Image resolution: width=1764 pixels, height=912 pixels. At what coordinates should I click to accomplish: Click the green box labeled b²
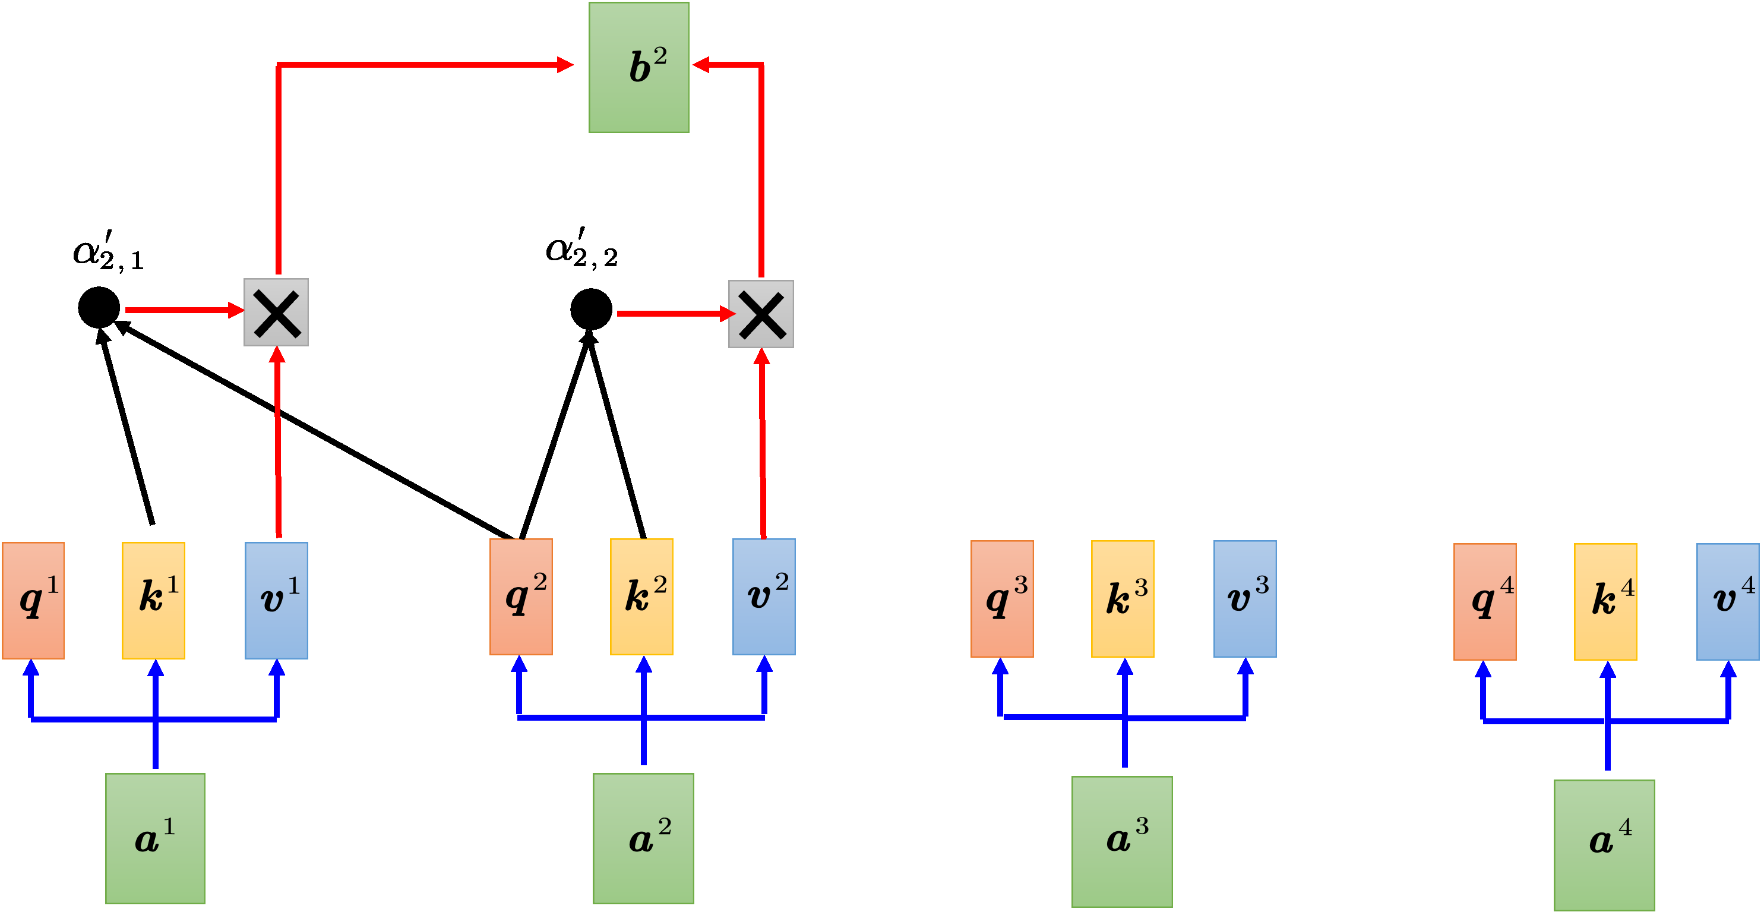tap(639, 67)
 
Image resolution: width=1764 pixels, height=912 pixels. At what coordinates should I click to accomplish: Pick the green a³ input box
tap(1122, 841)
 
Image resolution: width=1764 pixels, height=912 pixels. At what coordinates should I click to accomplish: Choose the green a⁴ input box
tap(1604, 844)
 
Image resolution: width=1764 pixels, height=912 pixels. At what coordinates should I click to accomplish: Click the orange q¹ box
tap(33, 600)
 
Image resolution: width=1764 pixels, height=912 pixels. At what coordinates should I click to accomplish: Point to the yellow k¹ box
tap(153, 600)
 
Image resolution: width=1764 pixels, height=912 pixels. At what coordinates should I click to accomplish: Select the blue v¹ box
tap(277, 600)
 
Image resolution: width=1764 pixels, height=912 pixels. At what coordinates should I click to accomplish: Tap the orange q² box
tap(521, 596)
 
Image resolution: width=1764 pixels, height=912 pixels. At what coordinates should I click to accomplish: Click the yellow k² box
tap(641, 596)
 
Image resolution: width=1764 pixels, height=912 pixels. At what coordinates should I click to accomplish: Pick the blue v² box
tap(764, 596)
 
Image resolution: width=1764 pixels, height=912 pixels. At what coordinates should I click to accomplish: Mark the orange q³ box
tap(1002, 598)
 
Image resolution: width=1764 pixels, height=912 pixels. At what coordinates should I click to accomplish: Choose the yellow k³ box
tap(1123, 598)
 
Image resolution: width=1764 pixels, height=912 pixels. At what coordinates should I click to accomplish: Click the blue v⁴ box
tap(1727, 601)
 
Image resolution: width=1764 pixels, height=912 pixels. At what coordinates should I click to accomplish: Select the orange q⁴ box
tap(1485, 601)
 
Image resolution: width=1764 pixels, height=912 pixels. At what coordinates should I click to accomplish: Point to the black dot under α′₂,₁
tap(99, 308)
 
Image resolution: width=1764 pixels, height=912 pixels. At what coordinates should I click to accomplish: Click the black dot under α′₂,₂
tap(591, 309)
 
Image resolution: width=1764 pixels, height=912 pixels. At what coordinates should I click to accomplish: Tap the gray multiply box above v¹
tap(277, 313)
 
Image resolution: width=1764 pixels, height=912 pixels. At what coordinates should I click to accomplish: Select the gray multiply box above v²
tap(761, 314)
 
